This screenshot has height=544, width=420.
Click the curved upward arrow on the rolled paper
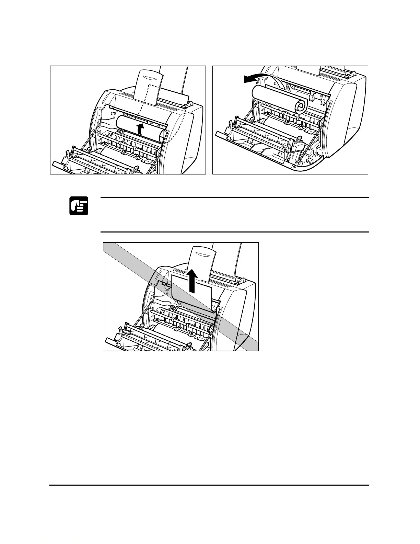[140, 129]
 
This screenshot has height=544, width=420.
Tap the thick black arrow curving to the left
[253, 78]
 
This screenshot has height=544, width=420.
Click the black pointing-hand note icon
[79, 206]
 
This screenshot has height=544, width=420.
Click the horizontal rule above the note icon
[233, 198]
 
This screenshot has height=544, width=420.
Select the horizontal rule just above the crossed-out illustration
[233, 232]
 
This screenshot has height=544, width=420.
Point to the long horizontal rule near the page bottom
[209, 485]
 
